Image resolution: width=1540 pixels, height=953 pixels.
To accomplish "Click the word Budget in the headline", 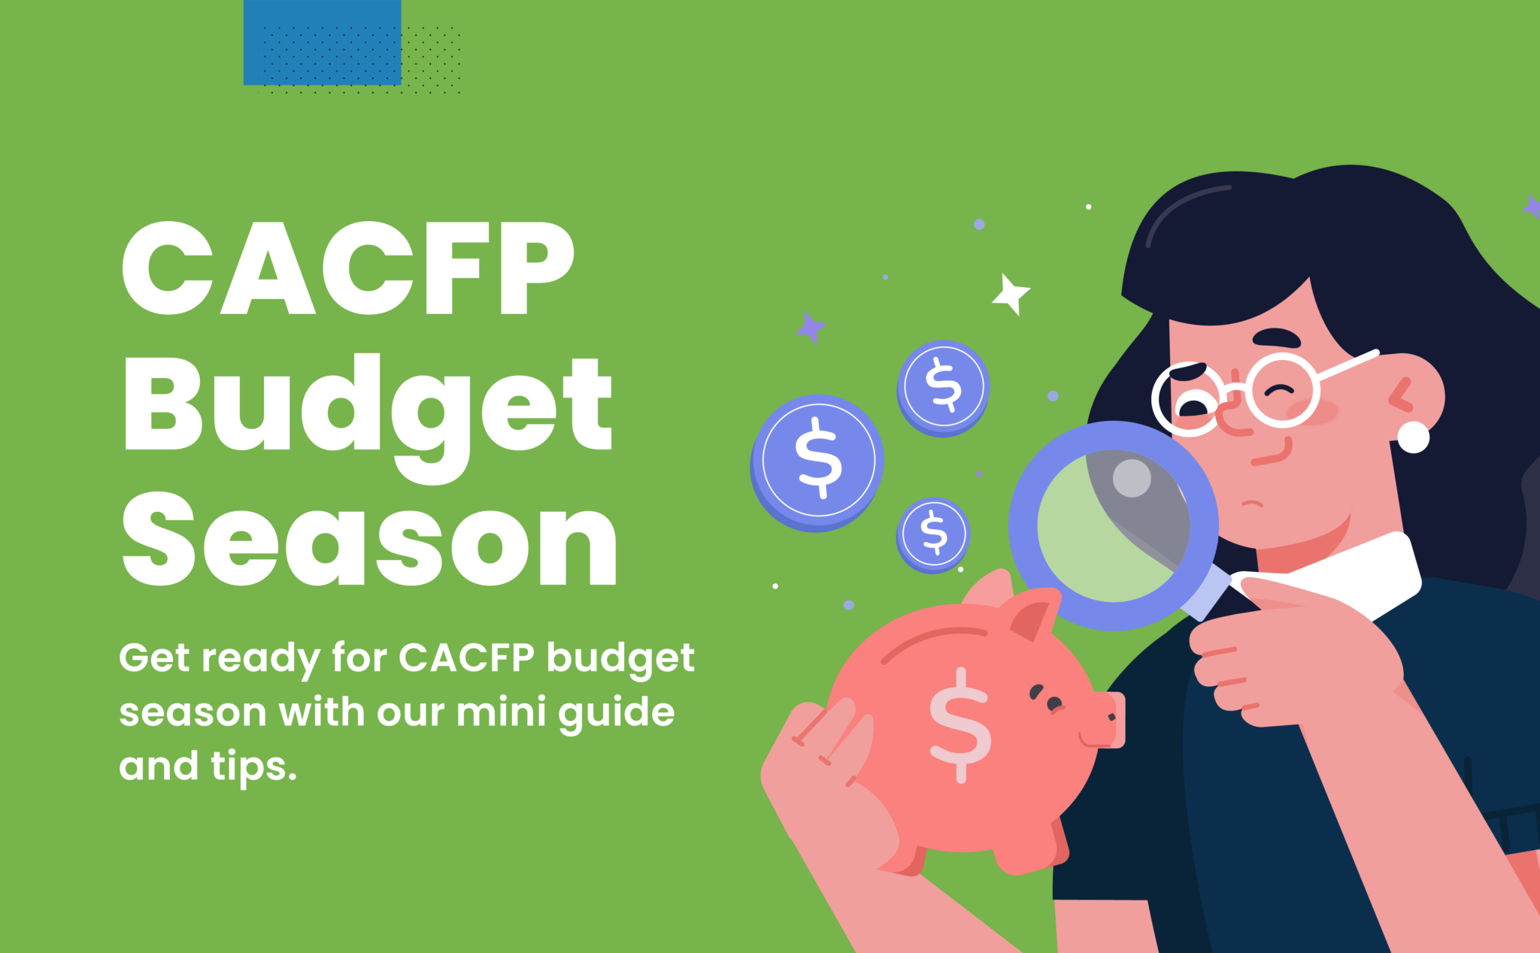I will click(368, 406).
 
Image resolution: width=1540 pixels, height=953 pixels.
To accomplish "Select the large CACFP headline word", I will click(347, 268).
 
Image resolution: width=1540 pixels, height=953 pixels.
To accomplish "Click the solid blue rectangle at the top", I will click(322, 42).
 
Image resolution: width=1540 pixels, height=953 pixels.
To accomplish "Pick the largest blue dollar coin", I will click(817, 461).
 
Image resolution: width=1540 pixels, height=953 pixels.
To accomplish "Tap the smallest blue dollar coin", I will click(934, 534).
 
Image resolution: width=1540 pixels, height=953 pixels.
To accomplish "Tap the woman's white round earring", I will click(1413, 437).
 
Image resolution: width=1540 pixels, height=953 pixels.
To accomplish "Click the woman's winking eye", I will click(1280, 391).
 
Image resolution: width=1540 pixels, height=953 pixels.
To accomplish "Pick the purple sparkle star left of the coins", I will click(811, 328).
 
